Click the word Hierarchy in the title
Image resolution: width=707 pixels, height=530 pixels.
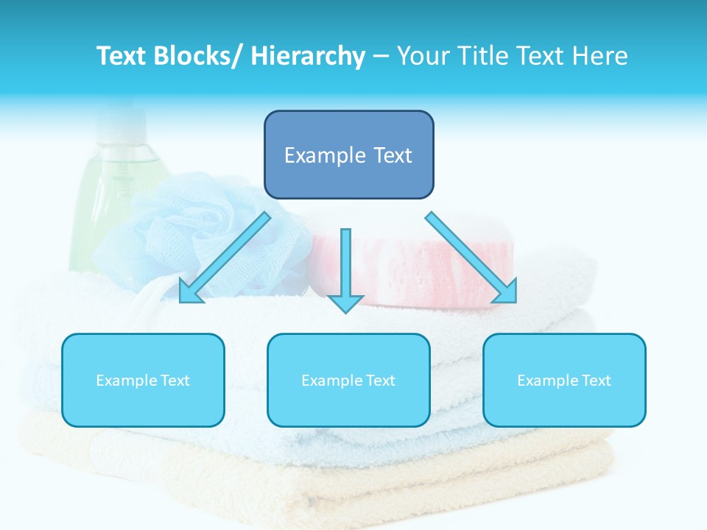(308, 57)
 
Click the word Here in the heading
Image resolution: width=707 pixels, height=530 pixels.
(599, 57)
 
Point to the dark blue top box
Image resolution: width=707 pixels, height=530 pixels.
(348, 155)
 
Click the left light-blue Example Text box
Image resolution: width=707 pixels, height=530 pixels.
(143, 380)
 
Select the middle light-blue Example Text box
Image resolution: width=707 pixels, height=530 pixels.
(348, 380)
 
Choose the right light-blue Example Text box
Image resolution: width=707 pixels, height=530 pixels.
(564, 380)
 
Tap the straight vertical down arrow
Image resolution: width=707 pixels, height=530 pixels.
(345, 265)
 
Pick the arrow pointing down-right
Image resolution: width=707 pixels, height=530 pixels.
(468, 254)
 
